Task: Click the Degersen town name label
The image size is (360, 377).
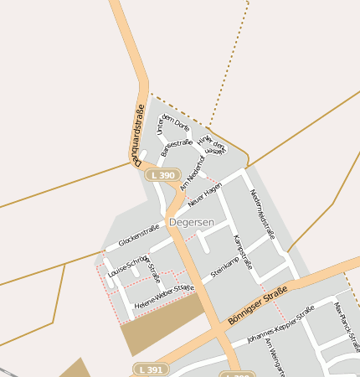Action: (x=191, y=222)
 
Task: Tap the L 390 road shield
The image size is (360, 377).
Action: (x=162, y=174)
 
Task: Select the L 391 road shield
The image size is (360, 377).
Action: (x=152, y=369)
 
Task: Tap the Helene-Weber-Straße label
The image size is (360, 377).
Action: (x=164, y=299)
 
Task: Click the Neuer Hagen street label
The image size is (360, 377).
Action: (x=205, y=194)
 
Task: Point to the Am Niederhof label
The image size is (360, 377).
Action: (x=192, y=172)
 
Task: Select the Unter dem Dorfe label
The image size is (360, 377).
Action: (x=174, y=122)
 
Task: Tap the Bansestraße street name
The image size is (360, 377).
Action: (x=176, y=147)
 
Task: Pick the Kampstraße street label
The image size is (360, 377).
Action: (x=240, y=250)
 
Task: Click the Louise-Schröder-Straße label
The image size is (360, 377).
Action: (x=134, y=266)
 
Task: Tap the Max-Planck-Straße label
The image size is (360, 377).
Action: (x=346, y=327)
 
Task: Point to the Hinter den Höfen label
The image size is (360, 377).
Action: (x=215, y=147)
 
